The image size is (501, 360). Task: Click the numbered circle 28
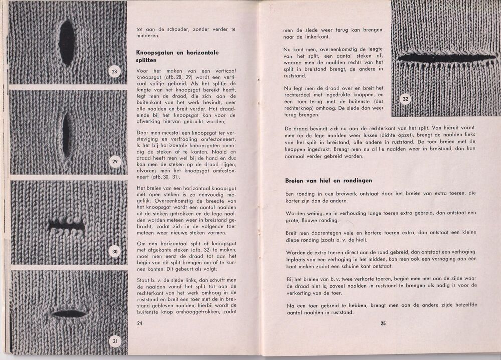click(114, 72)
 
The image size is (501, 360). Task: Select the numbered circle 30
click(114, 251)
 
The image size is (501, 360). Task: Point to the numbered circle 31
click(115, 342)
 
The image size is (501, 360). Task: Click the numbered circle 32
click(405, 99)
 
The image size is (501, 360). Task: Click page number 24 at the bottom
click(140, 323)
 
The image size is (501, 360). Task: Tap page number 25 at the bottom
click(383, 323)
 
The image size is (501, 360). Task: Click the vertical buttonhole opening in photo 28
click(67, 43)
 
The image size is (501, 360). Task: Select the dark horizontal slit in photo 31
click(69, 314)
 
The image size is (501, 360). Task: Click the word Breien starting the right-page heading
click(294, 180)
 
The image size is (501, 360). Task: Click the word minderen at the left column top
click(148, 36)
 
